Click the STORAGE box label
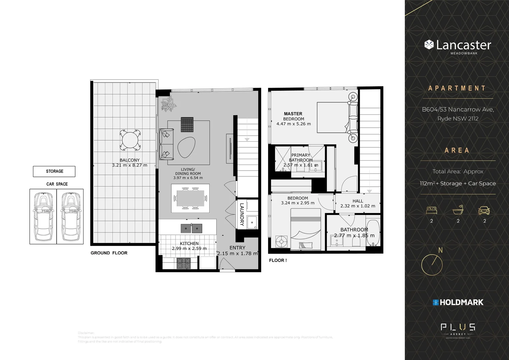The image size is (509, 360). (x=54, y=171)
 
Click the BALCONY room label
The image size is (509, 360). (x=130, y=160)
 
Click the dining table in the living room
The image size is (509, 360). (x=190, y=198)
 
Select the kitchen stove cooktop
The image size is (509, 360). (x=184, y=264)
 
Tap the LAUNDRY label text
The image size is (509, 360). (x=242, y=215)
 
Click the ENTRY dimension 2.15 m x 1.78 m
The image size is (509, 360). (x=238, y=253)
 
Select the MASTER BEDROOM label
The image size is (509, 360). (x=293, y=116)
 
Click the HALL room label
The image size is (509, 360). (x=358, y=201)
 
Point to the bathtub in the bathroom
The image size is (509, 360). (x=373, y=232)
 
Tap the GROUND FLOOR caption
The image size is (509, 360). (x=109, y=253)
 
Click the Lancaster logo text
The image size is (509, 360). (x=463, y=45)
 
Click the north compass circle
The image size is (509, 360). (x=432, y=265)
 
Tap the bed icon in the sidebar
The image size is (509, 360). (x=431, y=210)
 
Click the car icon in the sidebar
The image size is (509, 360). (x=484, y=210)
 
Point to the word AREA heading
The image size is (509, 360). (x=457, y=150)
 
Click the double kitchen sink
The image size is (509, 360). (x=192, y=228)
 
